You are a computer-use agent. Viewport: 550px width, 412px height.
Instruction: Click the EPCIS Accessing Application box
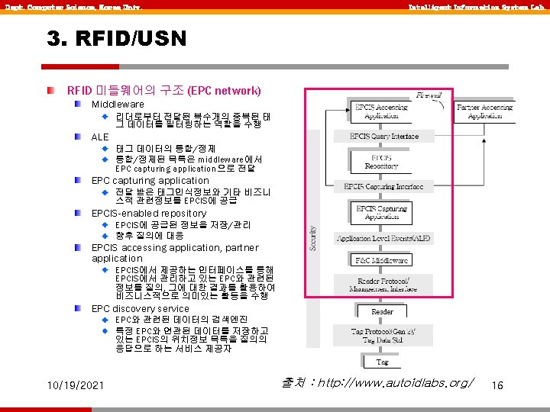point(381,111)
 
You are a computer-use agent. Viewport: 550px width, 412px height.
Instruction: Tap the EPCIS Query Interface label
point(384,137)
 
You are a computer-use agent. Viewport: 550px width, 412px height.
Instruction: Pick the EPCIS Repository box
point(381,161)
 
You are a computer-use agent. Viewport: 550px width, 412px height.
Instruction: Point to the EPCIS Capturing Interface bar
point(388,186)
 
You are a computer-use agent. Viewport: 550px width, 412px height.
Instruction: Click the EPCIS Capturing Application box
point(381,211)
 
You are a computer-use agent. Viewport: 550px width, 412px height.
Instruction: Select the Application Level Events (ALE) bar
point(384,238)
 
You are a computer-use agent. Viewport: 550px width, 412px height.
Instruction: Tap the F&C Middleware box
point(382,260)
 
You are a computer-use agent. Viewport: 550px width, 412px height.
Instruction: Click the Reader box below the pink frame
point(382,311)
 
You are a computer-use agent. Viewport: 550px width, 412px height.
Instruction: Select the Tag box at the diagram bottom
point(382,362)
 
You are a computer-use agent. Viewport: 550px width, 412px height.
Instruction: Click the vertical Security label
point(313,237)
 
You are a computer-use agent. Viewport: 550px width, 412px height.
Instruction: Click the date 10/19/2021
point(74,386)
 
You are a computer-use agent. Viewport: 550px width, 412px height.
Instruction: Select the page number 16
point(498,386)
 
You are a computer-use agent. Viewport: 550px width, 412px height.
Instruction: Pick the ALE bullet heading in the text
point(100,137)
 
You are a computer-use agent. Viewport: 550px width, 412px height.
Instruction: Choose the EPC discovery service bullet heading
point(140,309)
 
